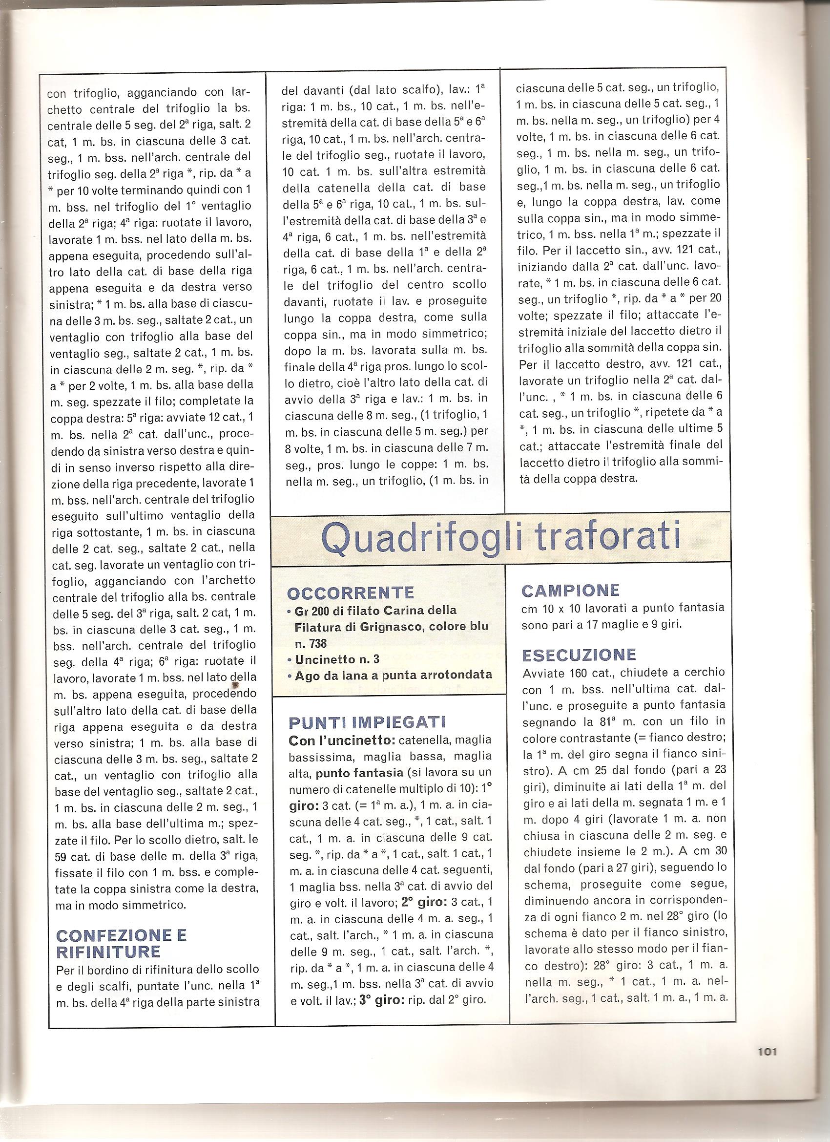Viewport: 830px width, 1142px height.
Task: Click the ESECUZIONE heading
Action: point(579,655)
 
